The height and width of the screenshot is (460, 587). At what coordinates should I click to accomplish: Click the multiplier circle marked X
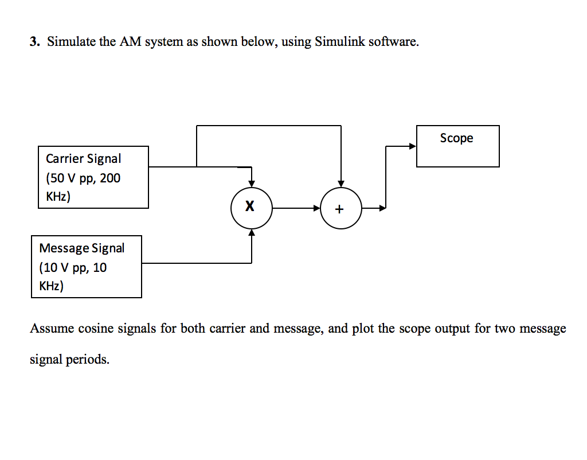(x=251, y=207)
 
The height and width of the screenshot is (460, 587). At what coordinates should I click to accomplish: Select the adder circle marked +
(x=341, y=208)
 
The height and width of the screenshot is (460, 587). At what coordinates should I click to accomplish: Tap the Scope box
(x=457, y=146)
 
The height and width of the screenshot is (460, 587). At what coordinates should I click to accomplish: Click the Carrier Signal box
(x=93, y=177)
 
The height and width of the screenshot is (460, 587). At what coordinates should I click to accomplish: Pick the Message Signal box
(x=87, y=267)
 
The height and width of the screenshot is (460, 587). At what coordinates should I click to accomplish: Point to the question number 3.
(x=34, y=42)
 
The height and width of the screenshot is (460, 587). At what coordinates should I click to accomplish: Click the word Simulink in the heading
(x=339, y=42)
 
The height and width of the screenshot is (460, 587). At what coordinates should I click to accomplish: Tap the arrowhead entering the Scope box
(x=412, y=146)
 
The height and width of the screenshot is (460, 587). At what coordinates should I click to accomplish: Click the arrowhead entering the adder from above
(x=341, y=183)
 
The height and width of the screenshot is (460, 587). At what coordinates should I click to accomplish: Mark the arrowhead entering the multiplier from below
(x=252, y=232)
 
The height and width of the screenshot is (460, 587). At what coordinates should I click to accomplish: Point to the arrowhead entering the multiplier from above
(x=252, y=183)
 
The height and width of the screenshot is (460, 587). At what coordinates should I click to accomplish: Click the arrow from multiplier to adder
(x=296, y=208)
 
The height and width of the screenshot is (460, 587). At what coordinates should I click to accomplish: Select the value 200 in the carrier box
(x=110, y=178)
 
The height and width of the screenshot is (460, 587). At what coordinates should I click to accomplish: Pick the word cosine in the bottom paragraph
(x=95, y=329)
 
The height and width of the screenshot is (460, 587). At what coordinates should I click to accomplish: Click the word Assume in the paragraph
(x=52, y=329)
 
